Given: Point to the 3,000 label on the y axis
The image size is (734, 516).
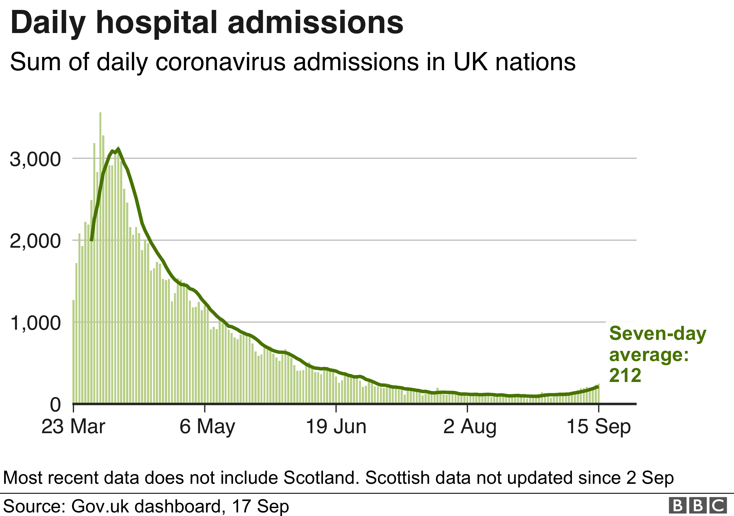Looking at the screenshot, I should point(35,159).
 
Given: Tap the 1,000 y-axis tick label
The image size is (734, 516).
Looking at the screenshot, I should point(35,323).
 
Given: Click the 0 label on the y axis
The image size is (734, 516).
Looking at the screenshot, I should point(55,405).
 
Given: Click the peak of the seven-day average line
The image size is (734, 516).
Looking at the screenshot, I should point(118,149).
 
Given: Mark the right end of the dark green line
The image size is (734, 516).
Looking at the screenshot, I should point(597,387).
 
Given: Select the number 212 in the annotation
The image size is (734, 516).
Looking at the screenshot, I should point(625,375).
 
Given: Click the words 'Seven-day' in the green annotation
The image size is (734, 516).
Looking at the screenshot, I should point(657,334).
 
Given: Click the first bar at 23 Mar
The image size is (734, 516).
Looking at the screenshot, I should point(74,351).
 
